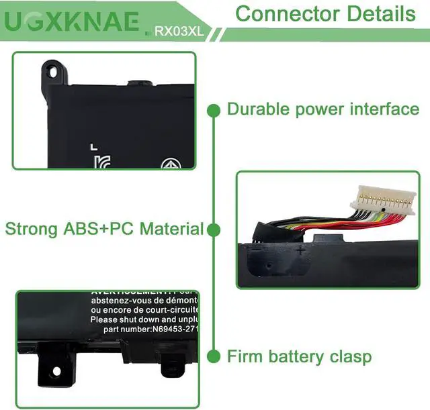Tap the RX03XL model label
[x=178, y=30]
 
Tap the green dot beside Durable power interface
[x=214, y=109]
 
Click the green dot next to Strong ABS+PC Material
[x=214, y=230]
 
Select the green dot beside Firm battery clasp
[x=214, y=356]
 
